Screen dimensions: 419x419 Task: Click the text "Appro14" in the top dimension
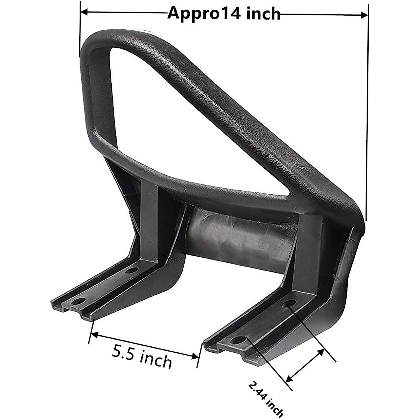(204, 14)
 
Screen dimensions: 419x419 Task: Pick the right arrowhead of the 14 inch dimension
(365, 15)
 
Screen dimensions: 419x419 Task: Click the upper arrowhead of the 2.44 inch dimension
(321, 353)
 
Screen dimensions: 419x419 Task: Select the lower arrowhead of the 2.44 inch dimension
(289, 379)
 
